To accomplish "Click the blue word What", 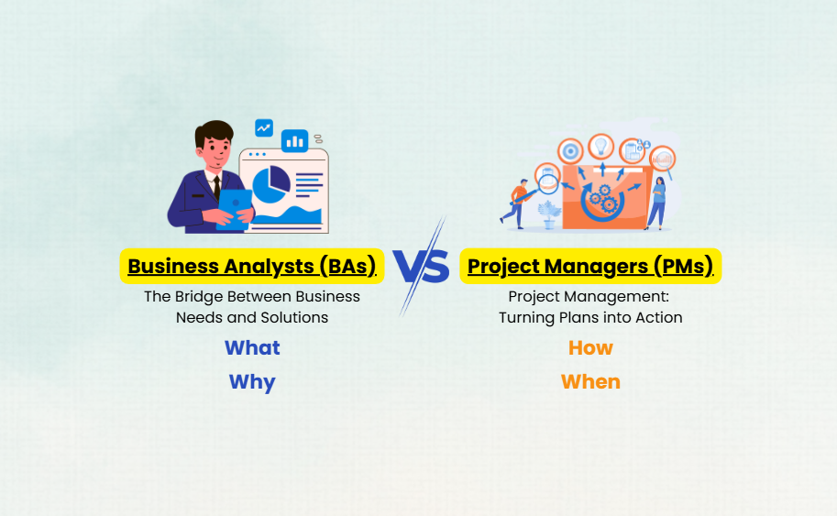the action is click(x=252, y=348).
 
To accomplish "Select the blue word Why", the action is click(x=252, y=382).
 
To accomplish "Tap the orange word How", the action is click(x=590, y=348).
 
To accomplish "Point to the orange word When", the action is click(x=590, y=382).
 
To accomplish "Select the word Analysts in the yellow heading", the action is click(x=269, y=267).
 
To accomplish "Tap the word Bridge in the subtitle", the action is click(x=199, y=297).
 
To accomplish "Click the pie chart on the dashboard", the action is click(x=270, y=184).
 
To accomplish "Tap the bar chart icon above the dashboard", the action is click(x=294, y=141).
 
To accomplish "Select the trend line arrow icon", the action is click(x=264, y=128).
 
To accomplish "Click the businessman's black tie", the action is click(x=216, y=188).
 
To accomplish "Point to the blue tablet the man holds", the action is click(x=235, y=209).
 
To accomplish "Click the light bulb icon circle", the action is click(x=601, y=147).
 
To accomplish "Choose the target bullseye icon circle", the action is click(x=570, y=151).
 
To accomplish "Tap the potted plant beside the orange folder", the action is click(x=549, y=214).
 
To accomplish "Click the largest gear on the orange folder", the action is click(x=609, y=204).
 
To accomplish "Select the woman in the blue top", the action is click(x=657, y=203).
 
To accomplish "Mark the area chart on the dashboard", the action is click(x=288, y=215).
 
